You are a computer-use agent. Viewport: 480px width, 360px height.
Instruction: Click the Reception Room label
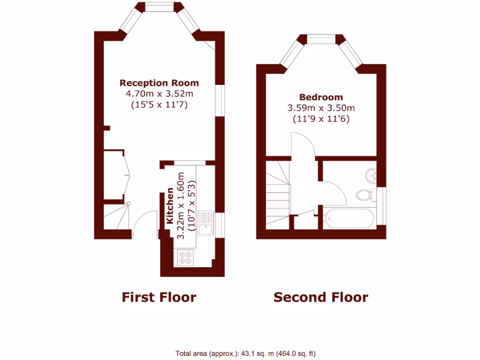159,83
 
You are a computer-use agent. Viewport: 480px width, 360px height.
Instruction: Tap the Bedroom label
321,97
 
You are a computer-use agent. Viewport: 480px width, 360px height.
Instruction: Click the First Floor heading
159,297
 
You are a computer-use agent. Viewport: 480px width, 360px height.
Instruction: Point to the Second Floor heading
321,297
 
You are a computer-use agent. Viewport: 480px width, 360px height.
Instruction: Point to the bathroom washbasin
371,174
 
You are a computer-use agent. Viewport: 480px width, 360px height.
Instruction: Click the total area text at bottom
249,354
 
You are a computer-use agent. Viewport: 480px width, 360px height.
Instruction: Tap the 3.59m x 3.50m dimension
321,108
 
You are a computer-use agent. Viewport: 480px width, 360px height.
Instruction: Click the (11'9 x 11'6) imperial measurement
321,119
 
